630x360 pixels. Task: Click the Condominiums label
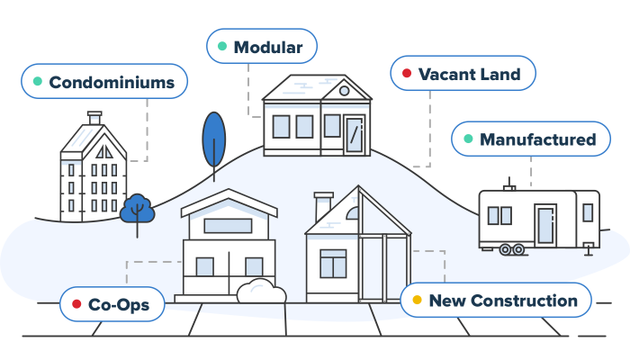pos(104,81)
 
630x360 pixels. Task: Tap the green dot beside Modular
pos(222,46)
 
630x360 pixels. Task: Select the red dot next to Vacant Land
pos(407,73)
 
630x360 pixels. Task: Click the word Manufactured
pos(537,139)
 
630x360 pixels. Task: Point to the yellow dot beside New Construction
pos(417,300)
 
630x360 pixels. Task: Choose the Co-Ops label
pos(112,304)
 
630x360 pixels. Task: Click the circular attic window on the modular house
pos(344,91)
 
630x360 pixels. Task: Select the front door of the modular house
pos(354,135)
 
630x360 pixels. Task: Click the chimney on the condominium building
pos(94,118)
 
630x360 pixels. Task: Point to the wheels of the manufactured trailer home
pos(512,249)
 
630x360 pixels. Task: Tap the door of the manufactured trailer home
pos(545,225)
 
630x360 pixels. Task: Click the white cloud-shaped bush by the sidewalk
pos(261,291)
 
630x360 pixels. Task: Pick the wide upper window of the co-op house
pos(228,226)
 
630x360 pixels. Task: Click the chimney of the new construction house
pos(323,206)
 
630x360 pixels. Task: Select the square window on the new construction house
pos(333,264)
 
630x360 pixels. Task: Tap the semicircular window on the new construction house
pos(353,213)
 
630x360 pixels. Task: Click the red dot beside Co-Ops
pos(76,304)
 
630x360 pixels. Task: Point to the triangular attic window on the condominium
pos(104,152)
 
